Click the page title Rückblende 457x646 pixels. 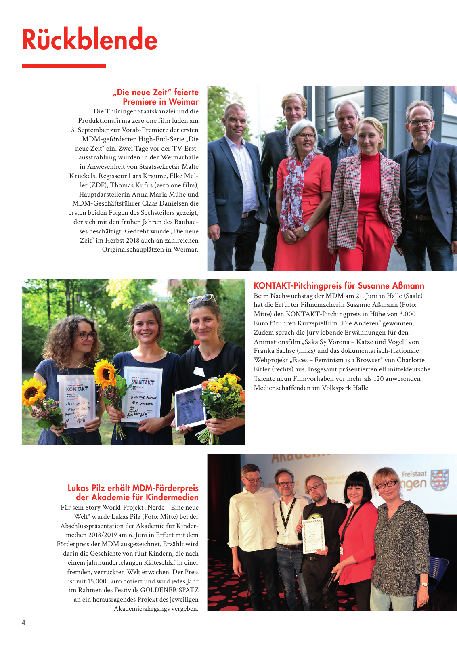click(x=89, y=40)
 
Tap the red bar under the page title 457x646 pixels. click(x=63, y=66)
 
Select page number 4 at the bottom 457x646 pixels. click(x=23, y=622)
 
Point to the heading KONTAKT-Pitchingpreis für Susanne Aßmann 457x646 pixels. click(x=339, y=286)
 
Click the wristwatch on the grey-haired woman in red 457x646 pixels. click(x=306, y=228)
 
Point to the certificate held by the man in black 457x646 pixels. click(x=313, y=535)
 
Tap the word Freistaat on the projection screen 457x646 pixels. click(x=414, y=474)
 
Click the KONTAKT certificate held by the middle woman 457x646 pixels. click(x=142, y=394)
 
